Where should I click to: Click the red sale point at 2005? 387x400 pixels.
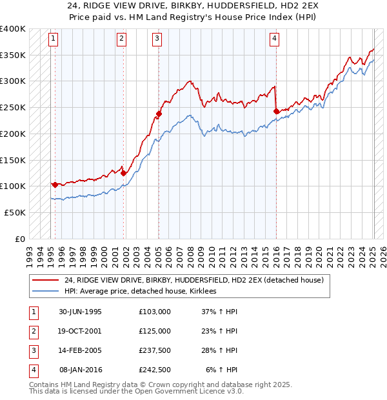click(x=158, y=114)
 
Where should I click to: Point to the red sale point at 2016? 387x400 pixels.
click(x=276, y=111)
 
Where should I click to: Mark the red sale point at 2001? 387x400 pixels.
click(x=123, y=172)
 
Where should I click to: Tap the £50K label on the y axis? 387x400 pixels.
click(x=15, y=212)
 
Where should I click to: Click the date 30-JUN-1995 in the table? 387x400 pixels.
click(x=80, y=312)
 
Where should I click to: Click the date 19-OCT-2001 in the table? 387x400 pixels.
click(x=80, y=331)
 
